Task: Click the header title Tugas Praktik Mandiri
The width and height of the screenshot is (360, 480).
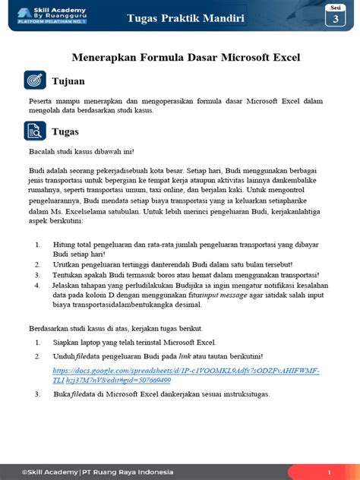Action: pos(186,17)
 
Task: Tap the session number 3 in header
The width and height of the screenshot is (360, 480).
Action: pos(335,21)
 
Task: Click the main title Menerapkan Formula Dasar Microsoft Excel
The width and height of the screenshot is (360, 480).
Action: pos(186,57)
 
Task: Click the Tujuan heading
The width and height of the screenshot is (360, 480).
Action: pos(68,81)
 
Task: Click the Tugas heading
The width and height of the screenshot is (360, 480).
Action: pos(65,131)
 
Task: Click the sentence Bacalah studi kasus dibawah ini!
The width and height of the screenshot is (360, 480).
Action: pos(82,152)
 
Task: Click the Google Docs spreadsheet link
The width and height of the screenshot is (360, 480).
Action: pos(185,375)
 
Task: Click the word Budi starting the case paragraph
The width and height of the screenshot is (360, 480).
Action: pos(37,172)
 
